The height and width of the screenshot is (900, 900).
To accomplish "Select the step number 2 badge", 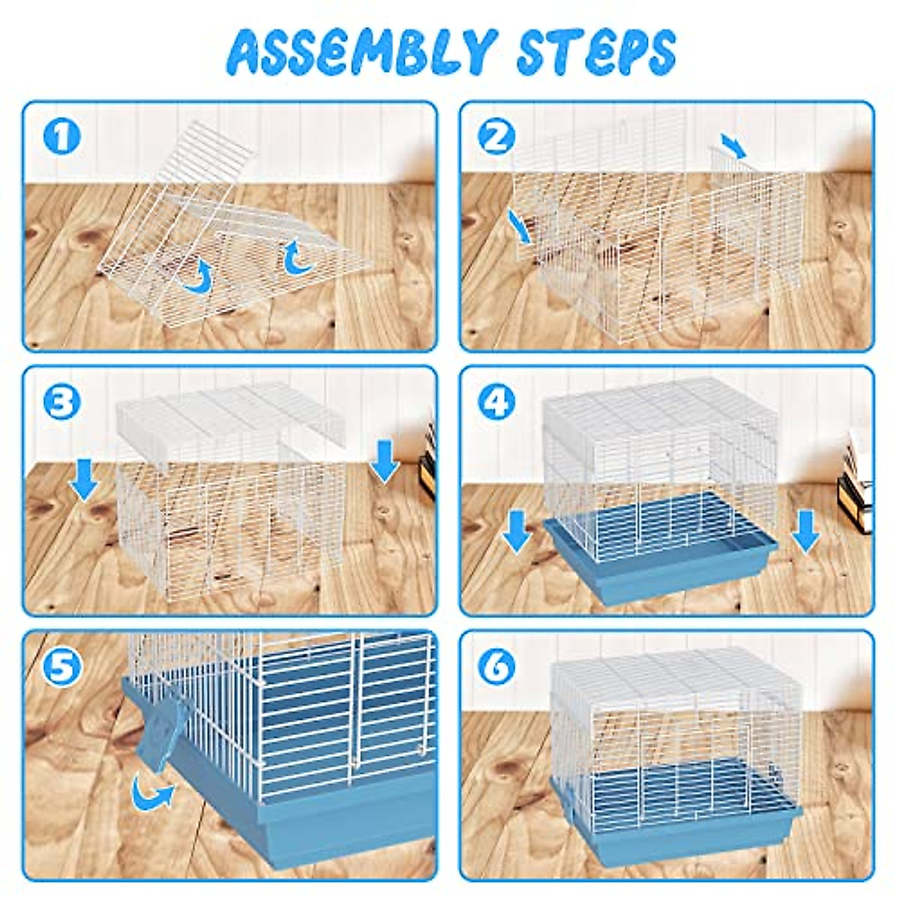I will [x=496, y=137].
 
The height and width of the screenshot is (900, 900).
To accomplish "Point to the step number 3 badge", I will [x=62, y=403].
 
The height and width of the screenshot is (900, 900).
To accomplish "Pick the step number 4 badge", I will [x=496, y=403].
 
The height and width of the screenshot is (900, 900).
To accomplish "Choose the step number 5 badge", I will [x=62, y=667].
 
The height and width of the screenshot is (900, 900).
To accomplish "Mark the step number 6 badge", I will [x=496, y=667].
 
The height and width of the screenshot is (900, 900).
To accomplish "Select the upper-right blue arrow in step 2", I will [x=733, y=145].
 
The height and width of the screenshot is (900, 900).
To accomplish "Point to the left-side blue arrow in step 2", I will [x=520, y=227].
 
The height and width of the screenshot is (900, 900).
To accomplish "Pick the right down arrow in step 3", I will [x=385, y=460].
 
